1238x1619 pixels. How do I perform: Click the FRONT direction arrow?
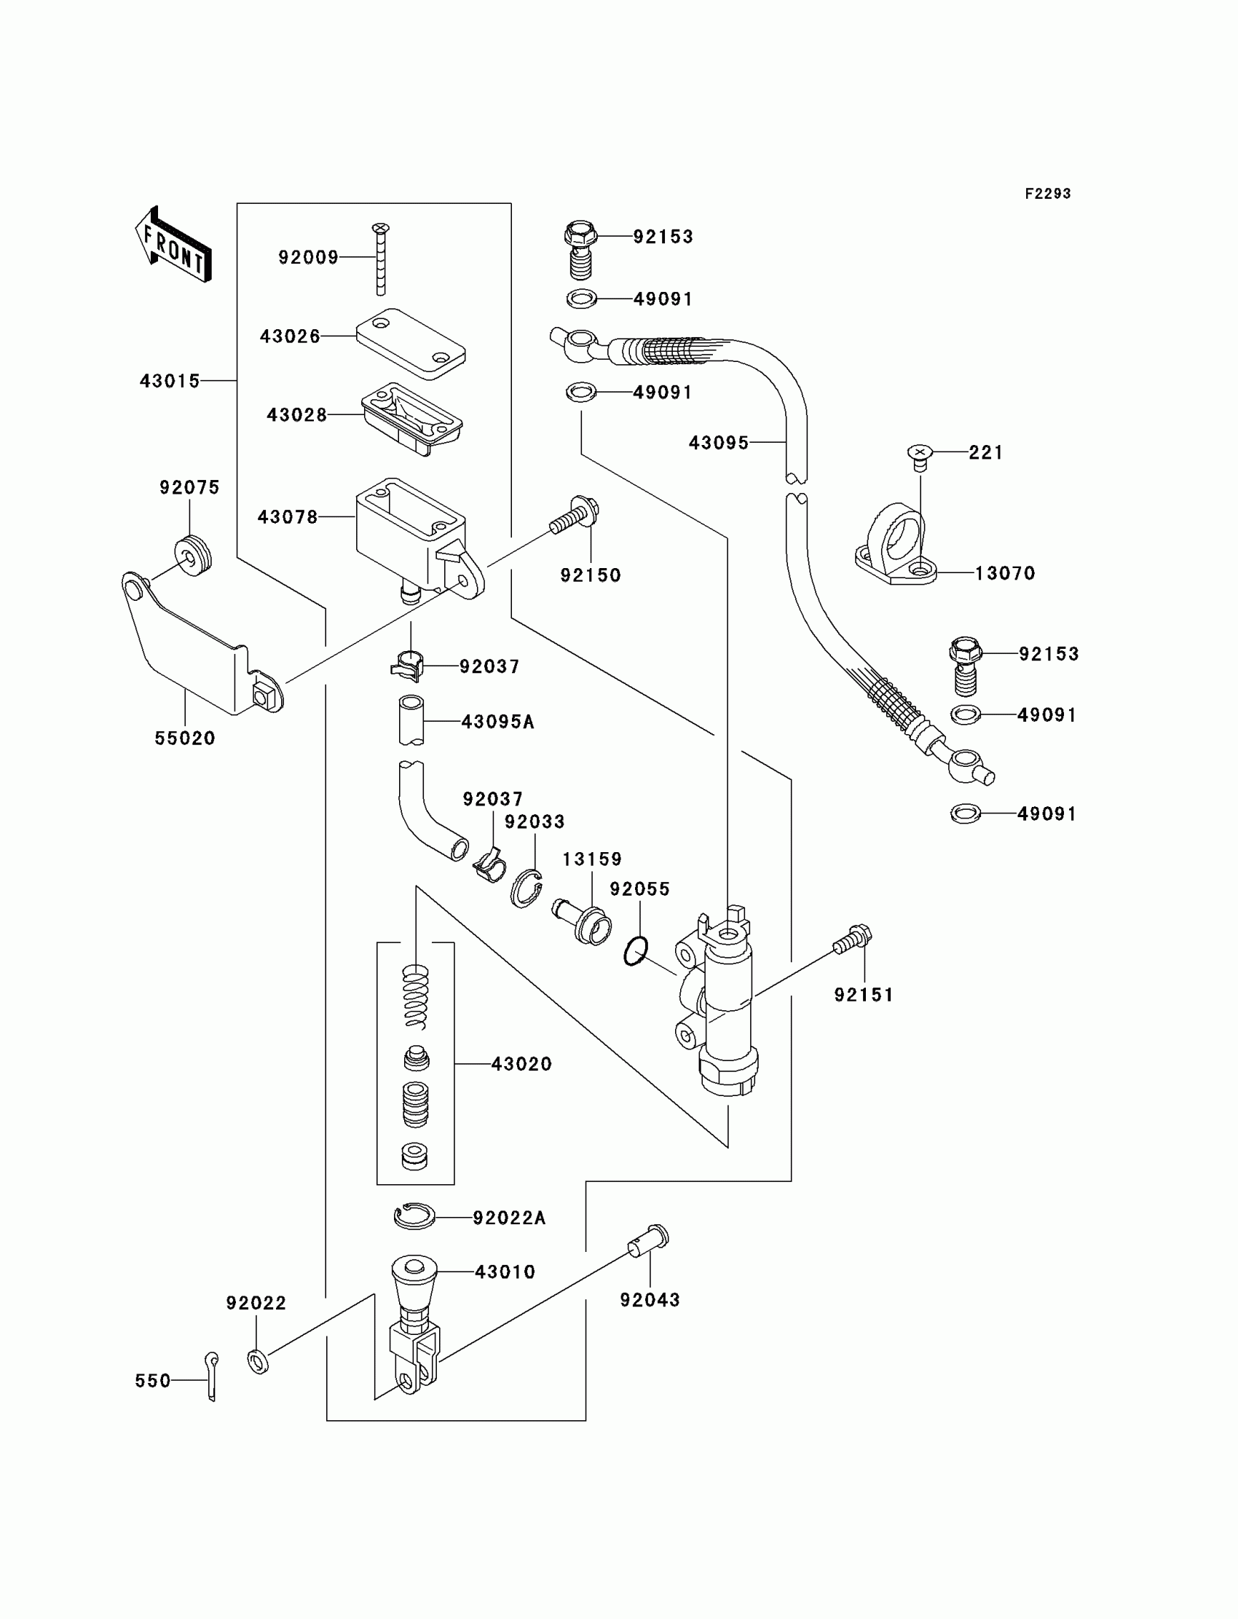coord(174,244)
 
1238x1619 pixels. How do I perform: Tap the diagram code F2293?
coord(1047,194)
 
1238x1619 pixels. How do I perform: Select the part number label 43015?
coord(170,381)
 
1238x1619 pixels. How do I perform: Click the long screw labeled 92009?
coord(381,259)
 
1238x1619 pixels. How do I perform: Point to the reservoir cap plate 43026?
coord(411,344)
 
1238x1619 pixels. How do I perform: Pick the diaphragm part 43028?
coord(412,419)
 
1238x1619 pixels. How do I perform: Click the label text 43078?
coord(288,517)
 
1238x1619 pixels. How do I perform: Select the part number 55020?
coord(185,738)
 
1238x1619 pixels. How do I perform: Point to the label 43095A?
coord(498,722)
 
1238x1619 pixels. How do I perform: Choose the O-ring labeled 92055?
coord(636,951)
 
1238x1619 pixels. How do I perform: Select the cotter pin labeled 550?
coord(211,1376)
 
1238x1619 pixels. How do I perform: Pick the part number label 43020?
coord(521,1064)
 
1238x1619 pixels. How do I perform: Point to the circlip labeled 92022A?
coord(415,1216)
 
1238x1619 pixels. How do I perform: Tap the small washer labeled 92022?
coord(258,1361)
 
